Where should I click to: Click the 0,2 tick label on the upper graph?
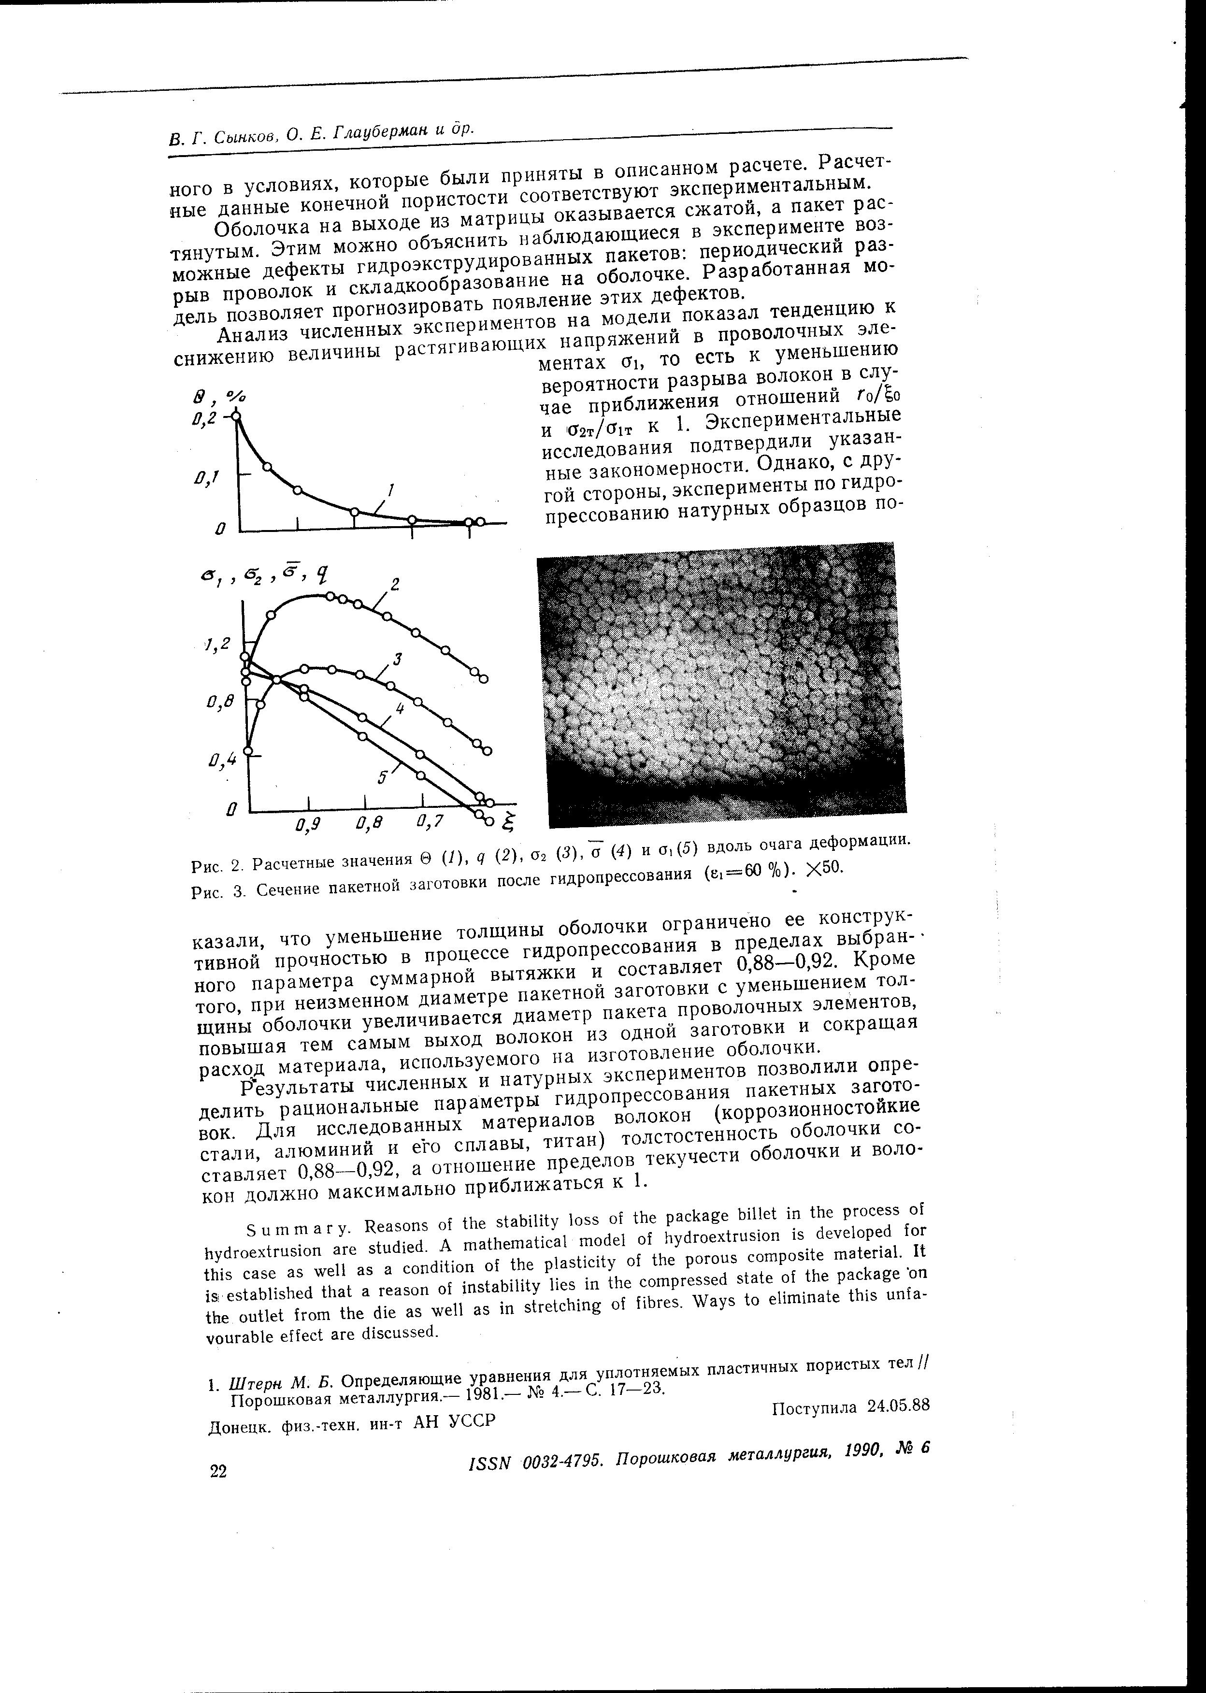click(x=203, y=419)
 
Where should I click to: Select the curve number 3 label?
click(x=397, y=659)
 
